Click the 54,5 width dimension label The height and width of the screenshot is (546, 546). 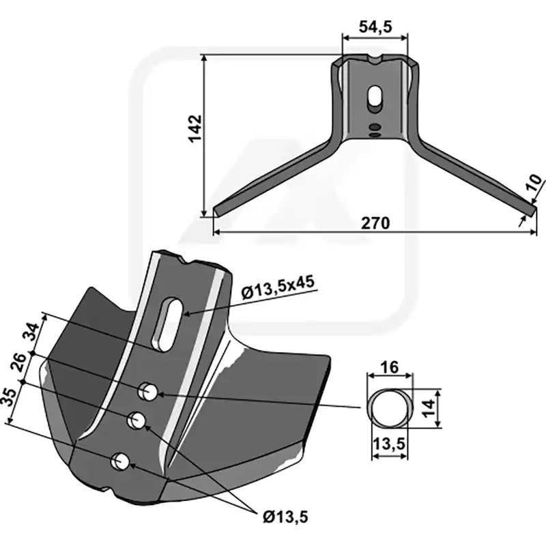pos(375,27)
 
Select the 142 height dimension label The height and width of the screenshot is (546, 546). pos(195,128)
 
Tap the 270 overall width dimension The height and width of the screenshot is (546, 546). pos(375,223)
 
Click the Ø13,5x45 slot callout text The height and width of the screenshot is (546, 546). pos(278,287)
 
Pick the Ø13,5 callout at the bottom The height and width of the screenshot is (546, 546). pos(285,517)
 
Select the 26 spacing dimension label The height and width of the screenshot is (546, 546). pos(20,362)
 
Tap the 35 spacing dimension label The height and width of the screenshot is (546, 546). pos(8,397)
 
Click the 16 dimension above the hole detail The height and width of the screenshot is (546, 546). pos(389,367)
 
